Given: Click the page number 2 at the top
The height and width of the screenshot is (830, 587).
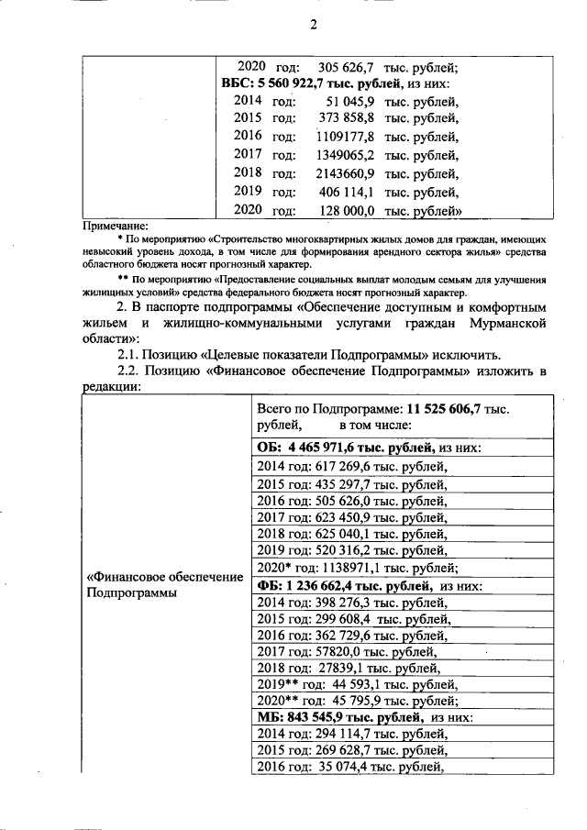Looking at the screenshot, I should pyautogui.click(x=312, y=25).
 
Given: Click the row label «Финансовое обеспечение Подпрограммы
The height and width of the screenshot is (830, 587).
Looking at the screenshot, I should pyautogui.click(x=163, y=585).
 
